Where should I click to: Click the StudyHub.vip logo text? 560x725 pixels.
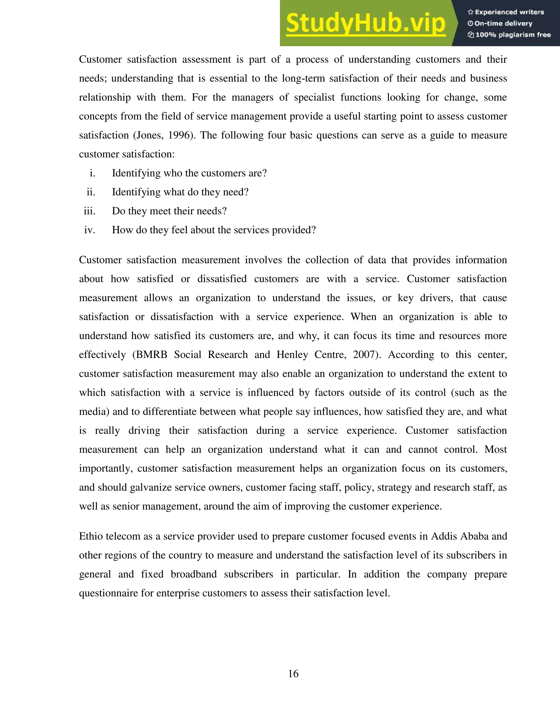365,23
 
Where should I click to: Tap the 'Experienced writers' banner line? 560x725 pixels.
506,12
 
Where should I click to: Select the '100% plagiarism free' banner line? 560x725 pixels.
509,35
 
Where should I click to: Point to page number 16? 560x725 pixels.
293,674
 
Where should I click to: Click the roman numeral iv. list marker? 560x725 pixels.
90,230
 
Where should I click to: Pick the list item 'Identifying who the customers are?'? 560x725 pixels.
189,173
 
